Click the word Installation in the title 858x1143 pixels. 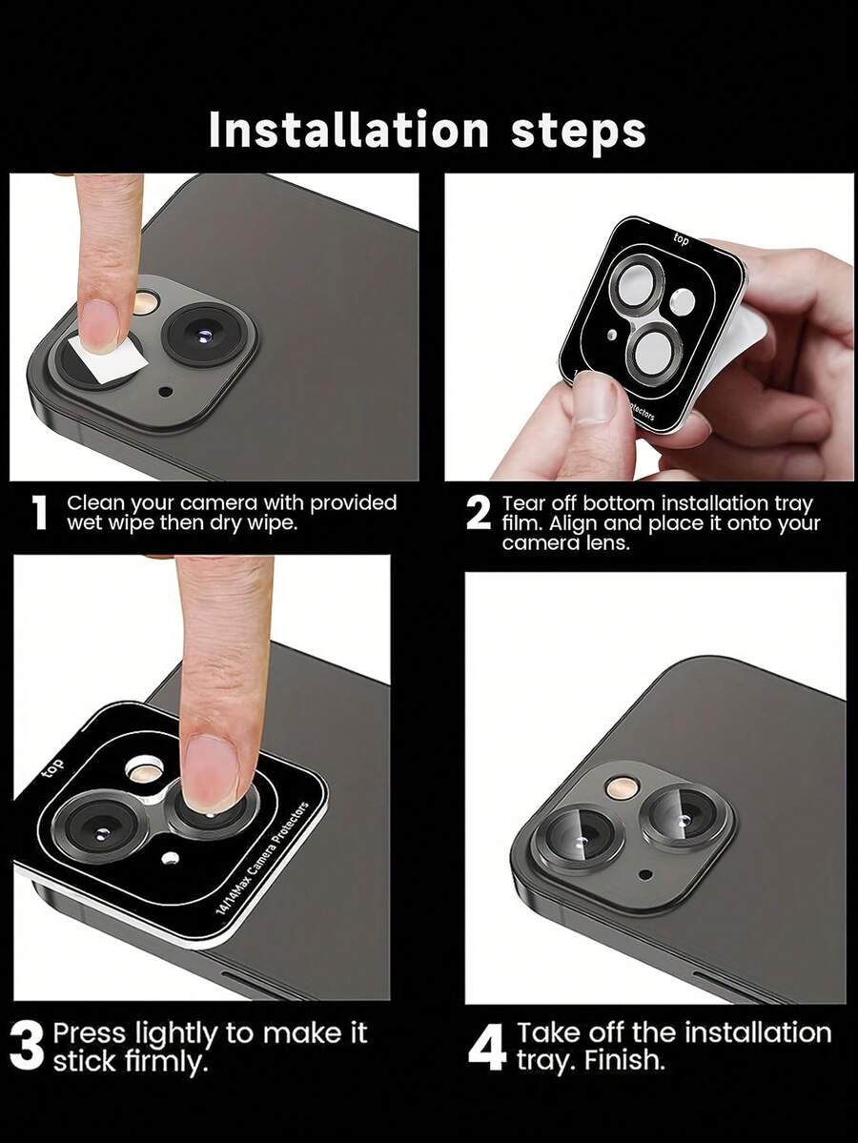(349, 131)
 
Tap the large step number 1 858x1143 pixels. (41, 513)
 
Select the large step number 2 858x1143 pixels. (479, 514)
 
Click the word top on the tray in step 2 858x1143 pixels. (681, 239)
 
